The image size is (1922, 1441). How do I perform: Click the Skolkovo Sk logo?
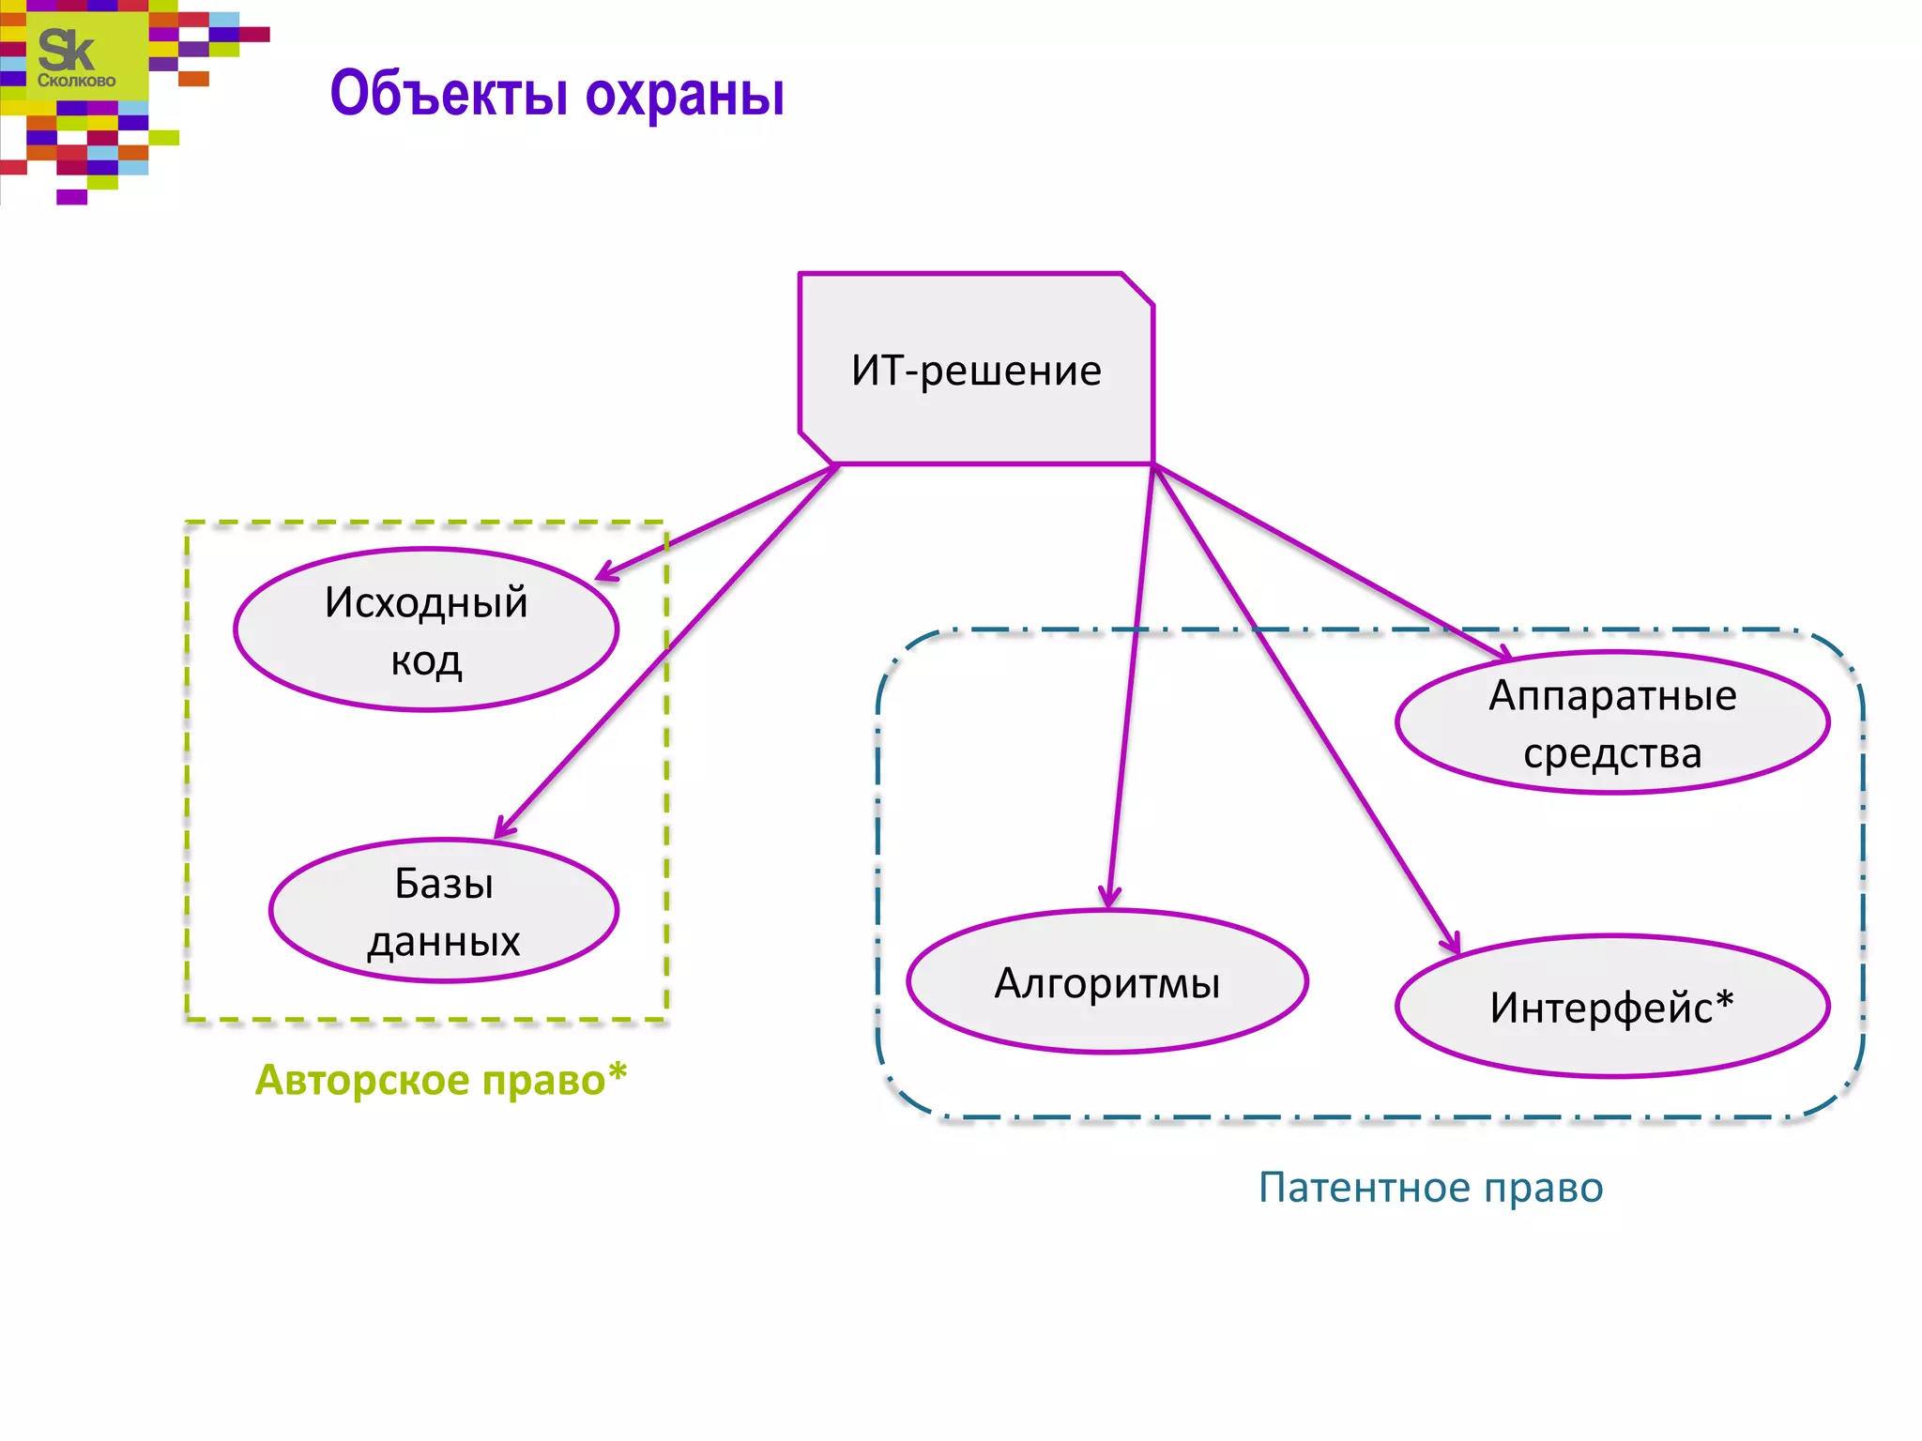pos(68,52)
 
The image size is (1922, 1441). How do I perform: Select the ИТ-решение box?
pos(976,370)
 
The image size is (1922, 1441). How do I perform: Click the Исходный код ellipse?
pos(426,629)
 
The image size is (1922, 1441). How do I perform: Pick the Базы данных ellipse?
pos(444,911)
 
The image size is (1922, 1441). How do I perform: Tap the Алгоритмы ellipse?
pos(1107,982)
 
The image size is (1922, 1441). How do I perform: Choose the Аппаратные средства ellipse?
pos(1612,723)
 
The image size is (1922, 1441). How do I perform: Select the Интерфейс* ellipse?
pos(1612,1007)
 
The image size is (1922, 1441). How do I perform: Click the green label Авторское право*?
pos(441,1080)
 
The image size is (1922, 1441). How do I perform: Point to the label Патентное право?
pos(1430,1188)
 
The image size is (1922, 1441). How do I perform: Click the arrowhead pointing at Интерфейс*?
pos(1453,944)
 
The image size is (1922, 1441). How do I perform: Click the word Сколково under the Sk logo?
pos(76,82)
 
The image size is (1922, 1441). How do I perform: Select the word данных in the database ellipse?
pos(444,942)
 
